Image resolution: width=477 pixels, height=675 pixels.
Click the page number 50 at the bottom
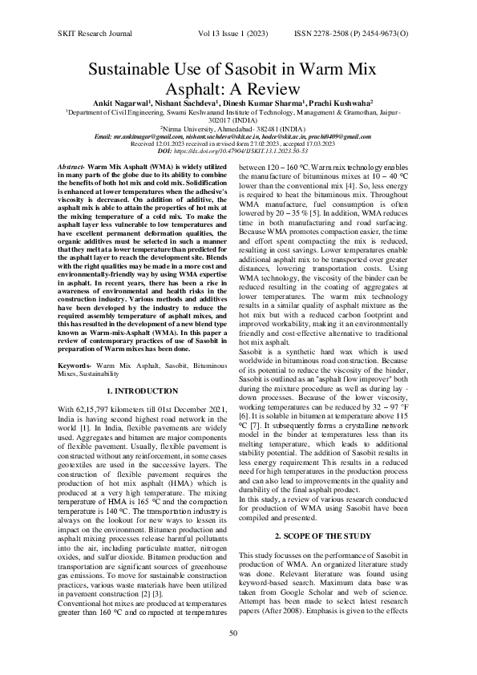tap(234, 633)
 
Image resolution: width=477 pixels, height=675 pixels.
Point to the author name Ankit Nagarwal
tap(123, 104)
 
